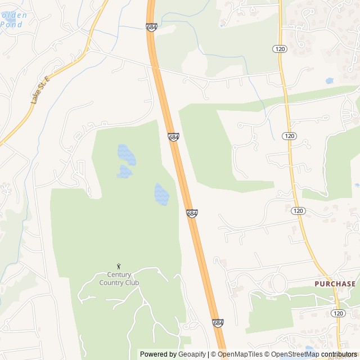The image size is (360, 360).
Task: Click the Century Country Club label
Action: [119, 278]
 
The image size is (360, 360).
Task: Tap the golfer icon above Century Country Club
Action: [119, 266]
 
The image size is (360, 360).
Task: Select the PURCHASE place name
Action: [335, 284]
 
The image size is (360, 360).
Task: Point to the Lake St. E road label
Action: [40, 89]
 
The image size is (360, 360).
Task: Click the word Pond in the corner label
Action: [11, 24]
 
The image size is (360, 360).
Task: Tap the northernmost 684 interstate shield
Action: [151, 27]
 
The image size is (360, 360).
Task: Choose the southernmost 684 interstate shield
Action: [218, 323]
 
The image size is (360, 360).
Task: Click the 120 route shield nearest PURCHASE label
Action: [337, 313]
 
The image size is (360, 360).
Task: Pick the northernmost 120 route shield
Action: [280, 49]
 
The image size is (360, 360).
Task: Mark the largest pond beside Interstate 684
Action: [161, 194]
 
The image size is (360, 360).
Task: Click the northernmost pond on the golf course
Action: [126, 154]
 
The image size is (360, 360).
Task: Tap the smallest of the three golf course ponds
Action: [124, 172]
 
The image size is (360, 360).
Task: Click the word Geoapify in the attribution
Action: [192, 354]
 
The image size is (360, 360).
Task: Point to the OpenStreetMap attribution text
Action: [295, 354]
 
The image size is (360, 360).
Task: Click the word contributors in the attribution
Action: [339, 354]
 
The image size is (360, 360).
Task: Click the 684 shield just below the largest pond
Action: [192, 214]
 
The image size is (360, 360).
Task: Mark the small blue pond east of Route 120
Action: [329, 81]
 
